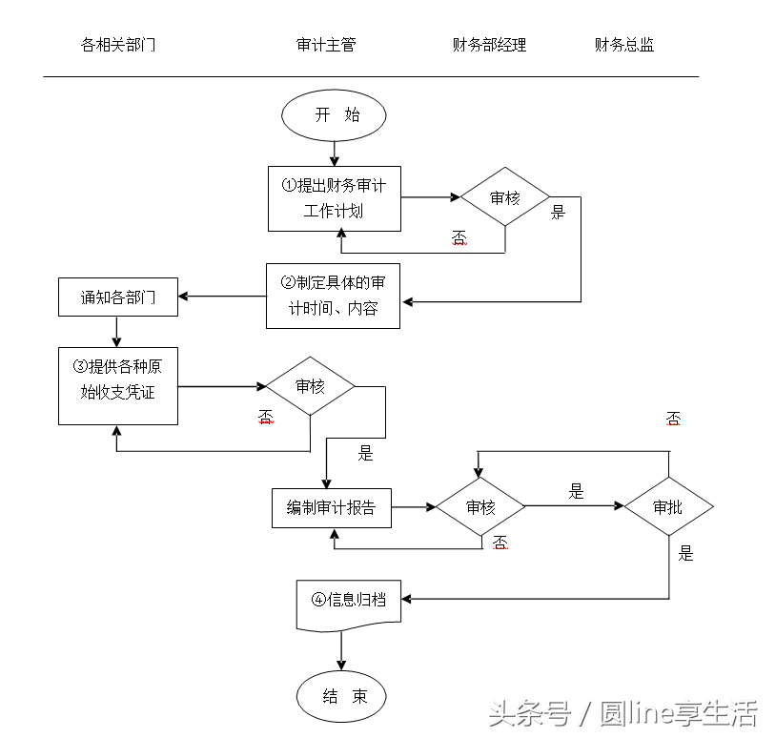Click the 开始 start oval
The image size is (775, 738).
pyautogui.click(x=334, y=115)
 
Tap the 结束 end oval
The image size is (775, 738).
pyautogui.click(x=341, y=697)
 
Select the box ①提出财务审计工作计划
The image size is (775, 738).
pyautogui.click(x=334, y=198)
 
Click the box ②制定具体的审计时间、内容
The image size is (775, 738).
pyautogui.click(x=333, y=296)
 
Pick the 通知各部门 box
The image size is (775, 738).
pyautogui.click(x=118, y=297)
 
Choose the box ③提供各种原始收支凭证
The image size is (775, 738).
pyautogui.click(x=118, y=385)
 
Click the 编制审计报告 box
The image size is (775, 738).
pyautogui.click(x=332, y=507)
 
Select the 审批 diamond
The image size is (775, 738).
pyautogui.click(x=668, y=507)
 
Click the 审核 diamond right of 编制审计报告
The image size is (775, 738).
pyautogui.click(x=480, y=507)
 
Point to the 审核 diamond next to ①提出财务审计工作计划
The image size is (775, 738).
pyautogui.click(x=505, y=197)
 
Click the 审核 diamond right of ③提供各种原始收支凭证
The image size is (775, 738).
pyautogui.click(x=310, y=386)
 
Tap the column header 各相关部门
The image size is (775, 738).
pyautogui.click(x=118, y=45)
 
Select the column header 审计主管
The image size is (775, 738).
pyautogui.click(x=326, y=45)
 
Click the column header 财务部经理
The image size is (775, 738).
pyautogui.click(x=489, y=45)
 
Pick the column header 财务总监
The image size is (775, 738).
pyautogui.click(x=624, y=45)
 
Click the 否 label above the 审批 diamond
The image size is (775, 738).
pyautogui.click(x=673, y=419)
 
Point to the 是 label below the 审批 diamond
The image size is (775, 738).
pyautogui.click(x=686, y=554)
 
